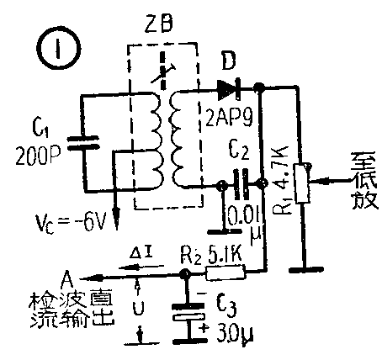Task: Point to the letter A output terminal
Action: coord(68,273)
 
